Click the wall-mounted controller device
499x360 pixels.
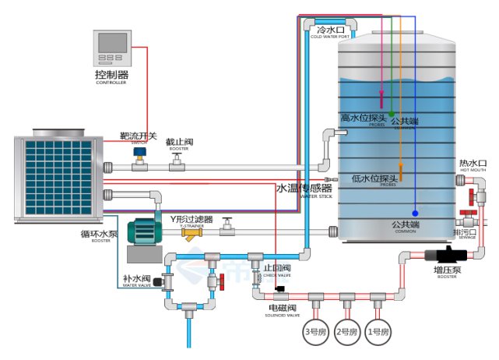point(111,48)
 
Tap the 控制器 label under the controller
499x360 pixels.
point(111,75)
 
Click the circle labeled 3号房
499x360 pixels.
point(315,332)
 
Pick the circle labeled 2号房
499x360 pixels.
point(346,332)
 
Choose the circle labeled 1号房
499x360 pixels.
point(377,332)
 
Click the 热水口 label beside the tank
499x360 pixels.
point(473,163)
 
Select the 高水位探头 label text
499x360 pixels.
point(364,118)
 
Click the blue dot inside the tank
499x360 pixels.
point(415,213)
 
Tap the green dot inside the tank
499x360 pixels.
point(392,115)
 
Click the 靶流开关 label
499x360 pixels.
point(139,136)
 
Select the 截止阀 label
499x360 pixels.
point(178,142)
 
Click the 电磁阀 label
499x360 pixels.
point(283,309)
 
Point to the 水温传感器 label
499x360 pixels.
point(304,189)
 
